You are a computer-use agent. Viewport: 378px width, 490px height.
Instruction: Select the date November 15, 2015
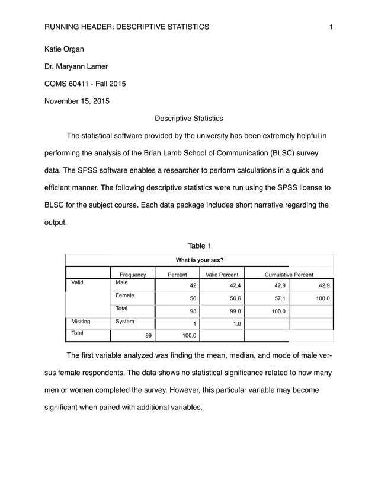pos(77,100)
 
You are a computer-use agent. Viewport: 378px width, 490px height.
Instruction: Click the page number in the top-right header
pos(331,27)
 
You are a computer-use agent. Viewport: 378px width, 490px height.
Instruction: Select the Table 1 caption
pos(199,246)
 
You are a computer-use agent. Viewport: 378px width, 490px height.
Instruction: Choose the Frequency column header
pos(133,275)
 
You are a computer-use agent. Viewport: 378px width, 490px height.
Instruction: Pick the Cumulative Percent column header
pos(289,275)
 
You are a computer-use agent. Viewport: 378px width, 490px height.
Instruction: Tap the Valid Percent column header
pos(222,275)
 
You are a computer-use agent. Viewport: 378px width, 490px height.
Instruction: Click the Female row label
pos(124,295)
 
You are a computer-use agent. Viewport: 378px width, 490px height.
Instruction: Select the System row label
pos(124,322)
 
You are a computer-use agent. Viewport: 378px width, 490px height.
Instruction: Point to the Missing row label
pos(81,322)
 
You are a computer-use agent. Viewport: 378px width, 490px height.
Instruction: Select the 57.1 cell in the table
pos(278,299)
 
